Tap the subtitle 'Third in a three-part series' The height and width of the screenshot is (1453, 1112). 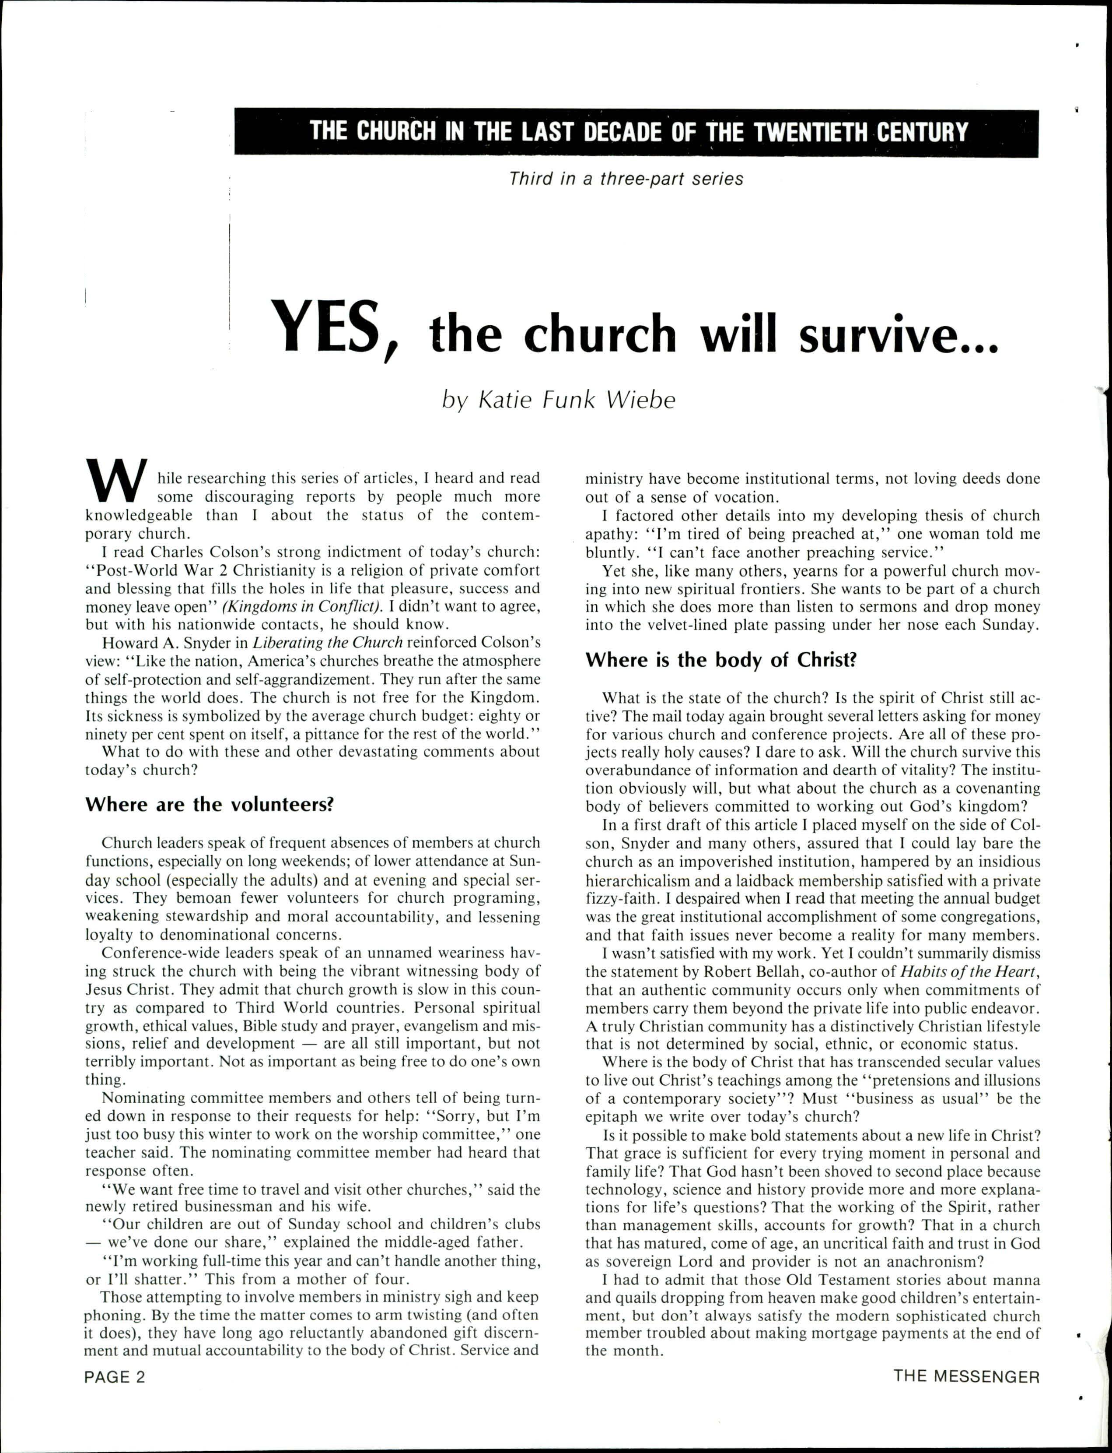click(x=626, y=179)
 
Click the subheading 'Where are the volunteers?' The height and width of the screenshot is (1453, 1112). click(x=209, y=805)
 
